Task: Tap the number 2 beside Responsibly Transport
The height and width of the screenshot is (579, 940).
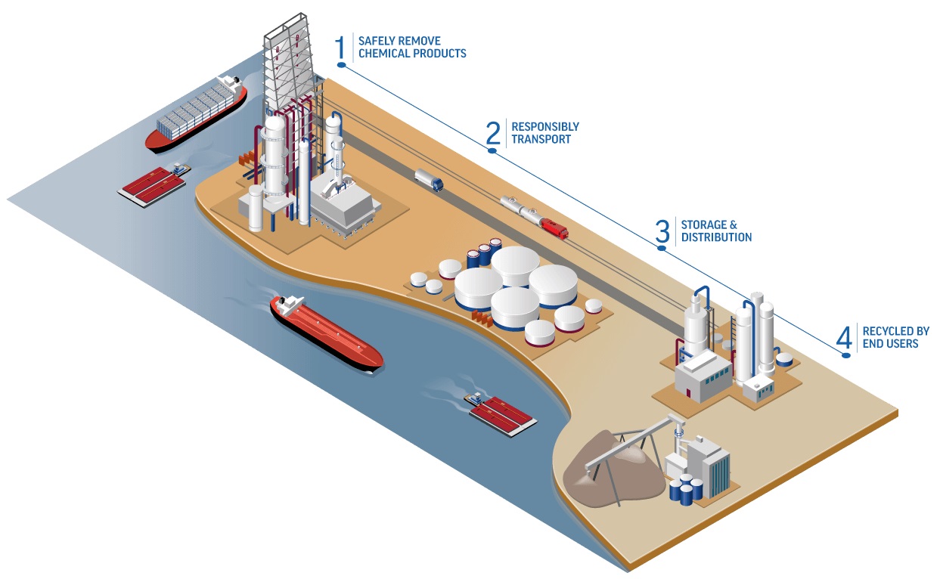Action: [x=493, y=133]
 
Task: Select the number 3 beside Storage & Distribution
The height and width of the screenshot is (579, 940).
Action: [x=662, y=231]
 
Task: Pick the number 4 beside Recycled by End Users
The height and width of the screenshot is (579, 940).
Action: [x=844, y=337]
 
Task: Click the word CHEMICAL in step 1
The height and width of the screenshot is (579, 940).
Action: [x=383, y=54]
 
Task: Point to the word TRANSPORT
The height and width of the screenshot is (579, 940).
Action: [x=541, y=139]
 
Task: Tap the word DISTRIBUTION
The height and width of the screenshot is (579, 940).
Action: [x=716, y=237]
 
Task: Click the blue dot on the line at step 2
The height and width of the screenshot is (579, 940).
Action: [x=492, y=151]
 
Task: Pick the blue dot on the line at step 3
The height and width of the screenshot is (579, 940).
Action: [x=662, y=248]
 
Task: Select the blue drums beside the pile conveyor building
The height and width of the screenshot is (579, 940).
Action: [x=686, y=490]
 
